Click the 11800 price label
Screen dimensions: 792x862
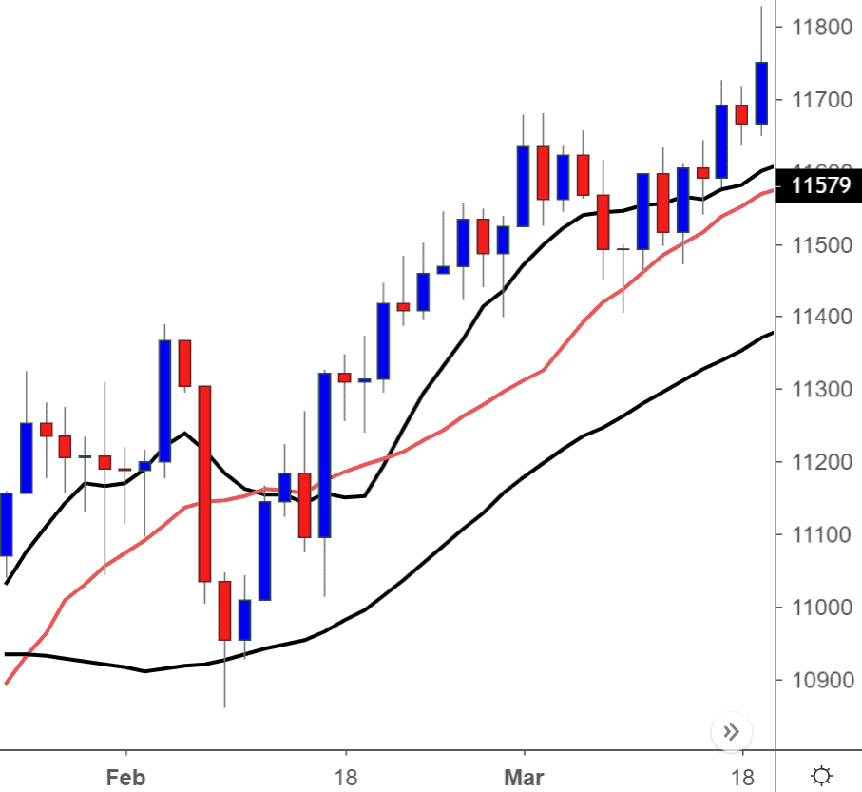(816, 27)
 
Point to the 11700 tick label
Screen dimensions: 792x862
(816, 100)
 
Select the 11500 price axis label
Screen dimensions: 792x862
(816, 245)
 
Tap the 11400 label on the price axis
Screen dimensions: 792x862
(816, 318)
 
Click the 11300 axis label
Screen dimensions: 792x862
(816, 390)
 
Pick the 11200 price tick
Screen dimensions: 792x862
(816, 463)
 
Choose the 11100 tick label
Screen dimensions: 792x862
(816, 535)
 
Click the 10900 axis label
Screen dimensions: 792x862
(816, 681)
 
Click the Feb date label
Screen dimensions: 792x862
(125, 778)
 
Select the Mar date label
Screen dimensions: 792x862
(524, 778)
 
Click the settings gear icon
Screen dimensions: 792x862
(822, 774)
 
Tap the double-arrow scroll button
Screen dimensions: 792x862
(731, 731)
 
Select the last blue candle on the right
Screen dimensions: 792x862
(761, 92)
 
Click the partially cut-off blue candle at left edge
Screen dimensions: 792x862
(6, 524)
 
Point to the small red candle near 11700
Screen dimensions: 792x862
(741, 114)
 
